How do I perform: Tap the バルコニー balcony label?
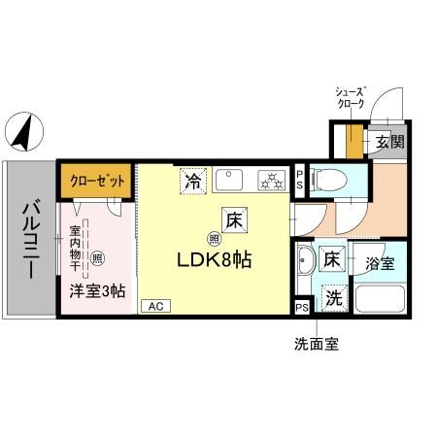(29, 238)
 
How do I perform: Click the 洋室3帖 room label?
(97, 289)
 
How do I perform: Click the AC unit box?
(153, 306)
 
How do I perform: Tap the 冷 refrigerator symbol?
(193, 180)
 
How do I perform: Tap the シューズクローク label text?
(349, 95)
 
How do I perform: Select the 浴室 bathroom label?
(380, 262)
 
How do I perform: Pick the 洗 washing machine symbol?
(332, 298)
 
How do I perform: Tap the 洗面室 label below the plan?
(317, 343)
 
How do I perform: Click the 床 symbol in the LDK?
(233, 219)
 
